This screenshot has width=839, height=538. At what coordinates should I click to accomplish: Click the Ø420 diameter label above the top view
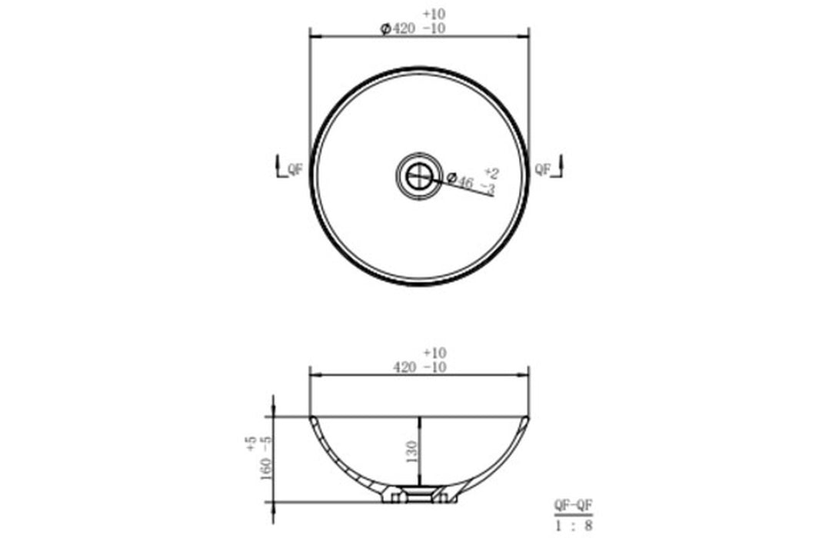point(398,28)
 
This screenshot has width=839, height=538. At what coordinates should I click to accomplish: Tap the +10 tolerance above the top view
point(434,14)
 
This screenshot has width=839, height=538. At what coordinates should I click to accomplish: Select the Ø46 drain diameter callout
point(460,180)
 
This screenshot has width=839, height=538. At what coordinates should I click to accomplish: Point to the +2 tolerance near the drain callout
point(491,173)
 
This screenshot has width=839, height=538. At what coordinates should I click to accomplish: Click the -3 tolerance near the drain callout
point(488,188)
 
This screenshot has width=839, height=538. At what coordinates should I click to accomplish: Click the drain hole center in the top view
point(419,175)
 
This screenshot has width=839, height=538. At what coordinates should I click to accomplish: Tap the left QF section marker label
point(295,170)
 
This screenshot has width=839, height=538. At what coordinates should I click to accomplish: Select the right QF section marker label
point(543,170)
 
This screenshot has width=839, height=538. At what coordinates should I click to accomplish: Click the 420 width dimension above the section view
point(404,367)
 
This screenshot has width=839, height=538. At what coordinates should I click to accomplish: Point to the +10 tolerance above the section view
point(434,353)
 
